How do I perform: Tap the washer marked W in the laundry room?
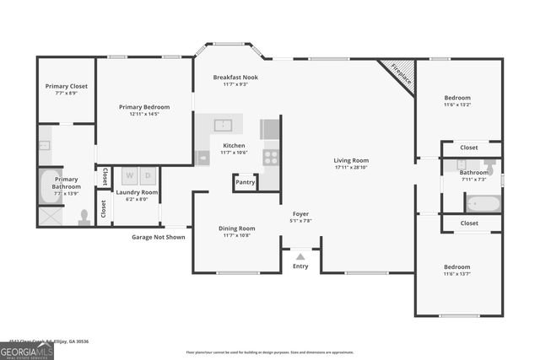click(x=131, y=176)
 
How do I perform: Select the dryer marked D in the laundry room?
click(x=148, y=176)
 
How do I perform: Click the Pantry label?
click(x=246, y=182)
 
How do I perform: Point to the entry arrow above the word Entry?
click(x=300, y=255)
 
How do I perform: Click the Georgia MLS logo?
click(x=26, y=351)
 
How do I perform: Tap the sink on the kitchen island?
click(x=224, y=126)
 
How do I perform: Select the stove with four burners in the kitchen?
click(x=271, y=156)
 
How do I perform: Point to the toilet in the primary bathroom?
click(x=84, y=218)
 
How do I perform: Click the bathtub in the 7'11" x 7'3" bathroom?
click(x=483, y=203)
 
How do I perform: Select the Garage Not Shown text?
click(x=158, y=237)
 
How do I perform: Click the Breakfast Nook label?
click(x=235, y=77)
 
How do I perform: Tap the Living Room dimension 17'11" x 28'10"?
click(x=351, y=167)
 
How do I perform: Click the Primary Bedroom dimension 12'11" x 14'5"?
click(x=144, y=114)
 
